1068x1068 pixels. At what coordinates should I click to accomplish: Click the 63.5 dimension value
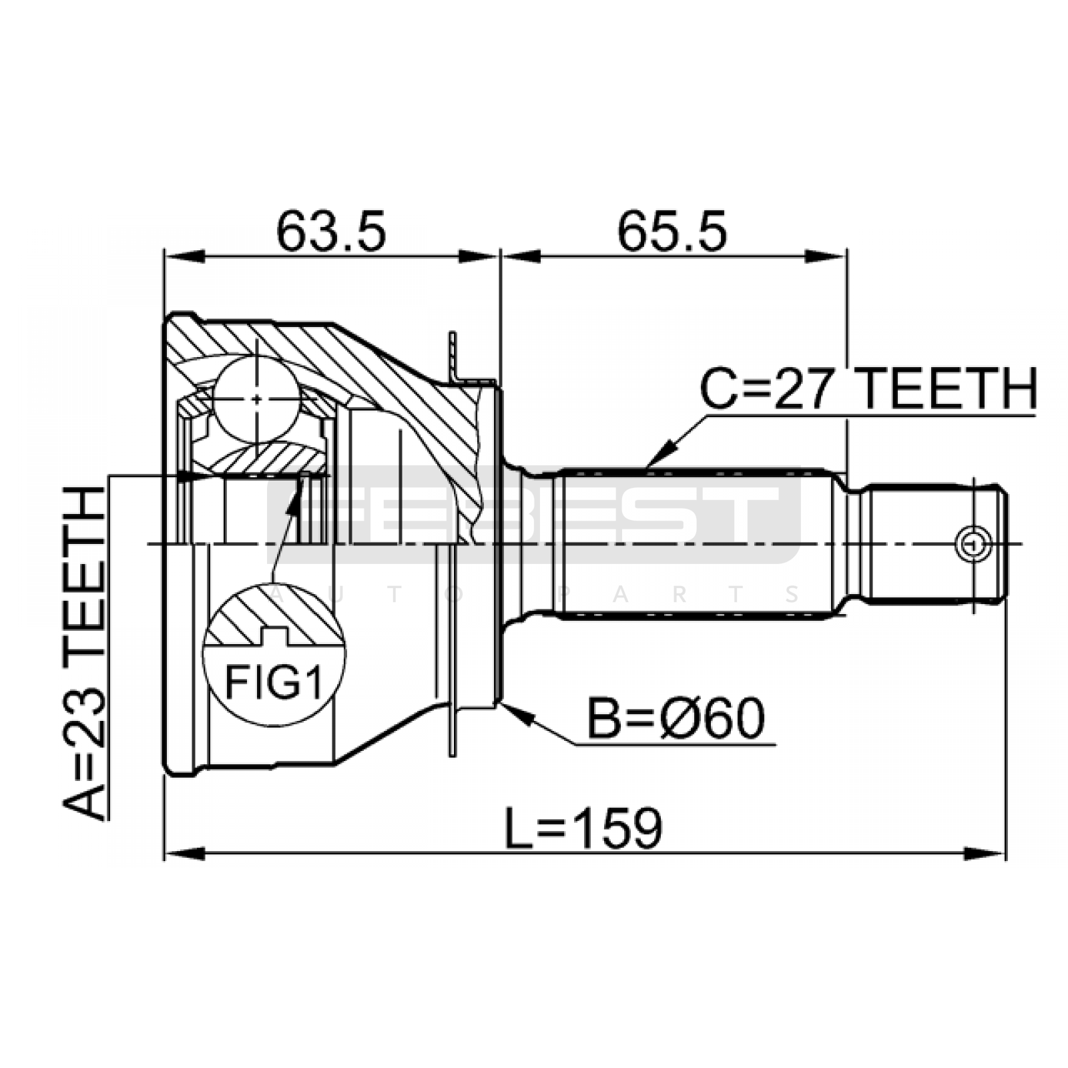[x=331, y=232]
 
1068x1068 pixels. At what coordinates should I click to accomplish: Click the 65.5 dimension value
[x=672, y=232]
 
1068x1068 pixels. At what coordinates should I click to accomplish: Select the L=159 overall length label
[x=583, y=828]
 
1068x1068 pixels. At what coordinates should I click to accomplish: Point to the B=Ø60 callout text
[x=675, y=719]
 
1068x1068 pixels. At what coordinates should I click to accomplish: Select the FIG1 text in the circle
[x=274, y=682]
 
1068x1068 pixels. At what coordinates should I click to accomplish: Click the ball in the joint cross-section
[x=257, y=399]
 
